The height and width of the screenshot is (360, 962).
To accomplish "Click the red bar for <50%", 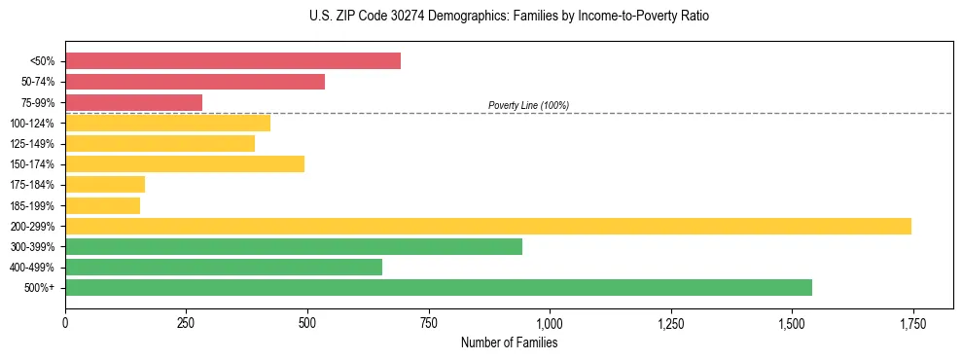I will coord(232,61).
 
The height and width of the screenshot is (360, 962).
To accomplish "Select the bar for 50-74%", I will coord(195,82).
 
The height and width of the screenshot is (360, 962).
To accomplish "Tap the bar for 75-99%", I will coord(133,102).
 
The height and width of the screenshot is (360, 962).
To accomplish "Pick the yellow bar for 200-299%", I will coord(487,226).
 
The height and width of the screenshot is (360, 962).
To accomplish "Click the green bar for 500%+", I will coord(438,287).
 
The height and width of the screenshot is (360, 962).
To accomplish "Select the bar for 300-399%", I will coord(293,246).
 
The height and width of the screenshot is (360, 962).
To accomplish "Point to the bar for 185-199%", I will coord(102,205).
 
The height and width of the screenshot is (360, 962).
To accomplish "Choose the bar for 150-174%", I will coord(185,163).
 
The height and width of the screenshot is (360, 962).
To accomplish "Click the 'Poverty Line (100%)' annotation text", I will coord(528,105).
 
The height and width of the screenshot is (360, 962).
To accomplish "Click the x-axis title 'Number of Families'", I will coord(509,342).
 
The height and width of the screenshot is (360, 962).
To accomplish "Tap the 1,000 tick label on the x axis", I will coord(550,323).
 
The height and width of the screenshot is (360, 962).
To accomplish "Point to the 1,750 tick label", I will coord(912,323).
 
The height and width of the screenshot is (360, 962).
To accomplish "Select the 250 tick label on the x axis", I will coord(186,323).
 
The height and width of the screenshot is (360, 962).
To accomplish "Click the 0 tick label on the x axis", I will coord(65,323).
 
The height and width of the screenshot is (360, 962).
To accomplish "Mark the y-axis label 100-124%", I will coord(32,124).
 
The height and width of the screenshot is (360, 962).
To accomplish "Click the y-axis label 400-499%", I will coord(32,268).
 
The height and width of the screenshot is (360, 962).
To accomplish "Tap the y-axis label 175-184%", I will coord(32,185).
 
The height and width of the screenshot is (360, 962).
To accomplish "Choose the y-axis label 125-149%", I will coord(32,144).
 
